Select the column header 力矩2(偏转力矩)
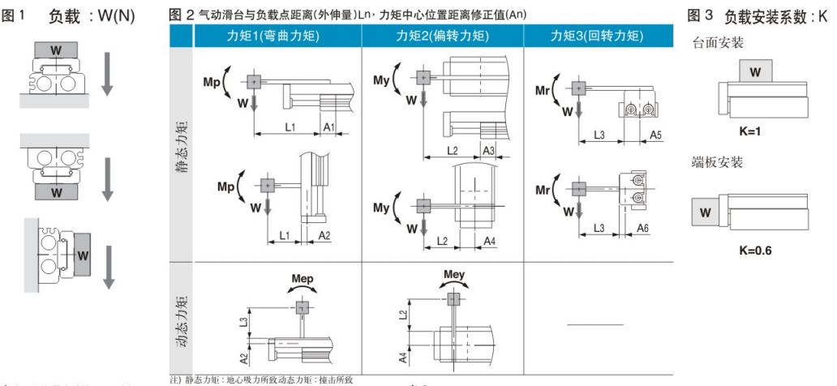442,36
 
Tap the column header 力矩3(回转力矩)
597,36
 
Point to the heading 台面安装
718,43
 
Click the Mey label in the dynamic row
454,274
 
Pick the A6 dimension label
642,229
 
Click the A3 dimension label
489,151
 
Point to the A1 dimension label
329,127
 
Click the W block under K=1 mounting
755,72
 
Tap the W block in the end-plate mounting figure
705,214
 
